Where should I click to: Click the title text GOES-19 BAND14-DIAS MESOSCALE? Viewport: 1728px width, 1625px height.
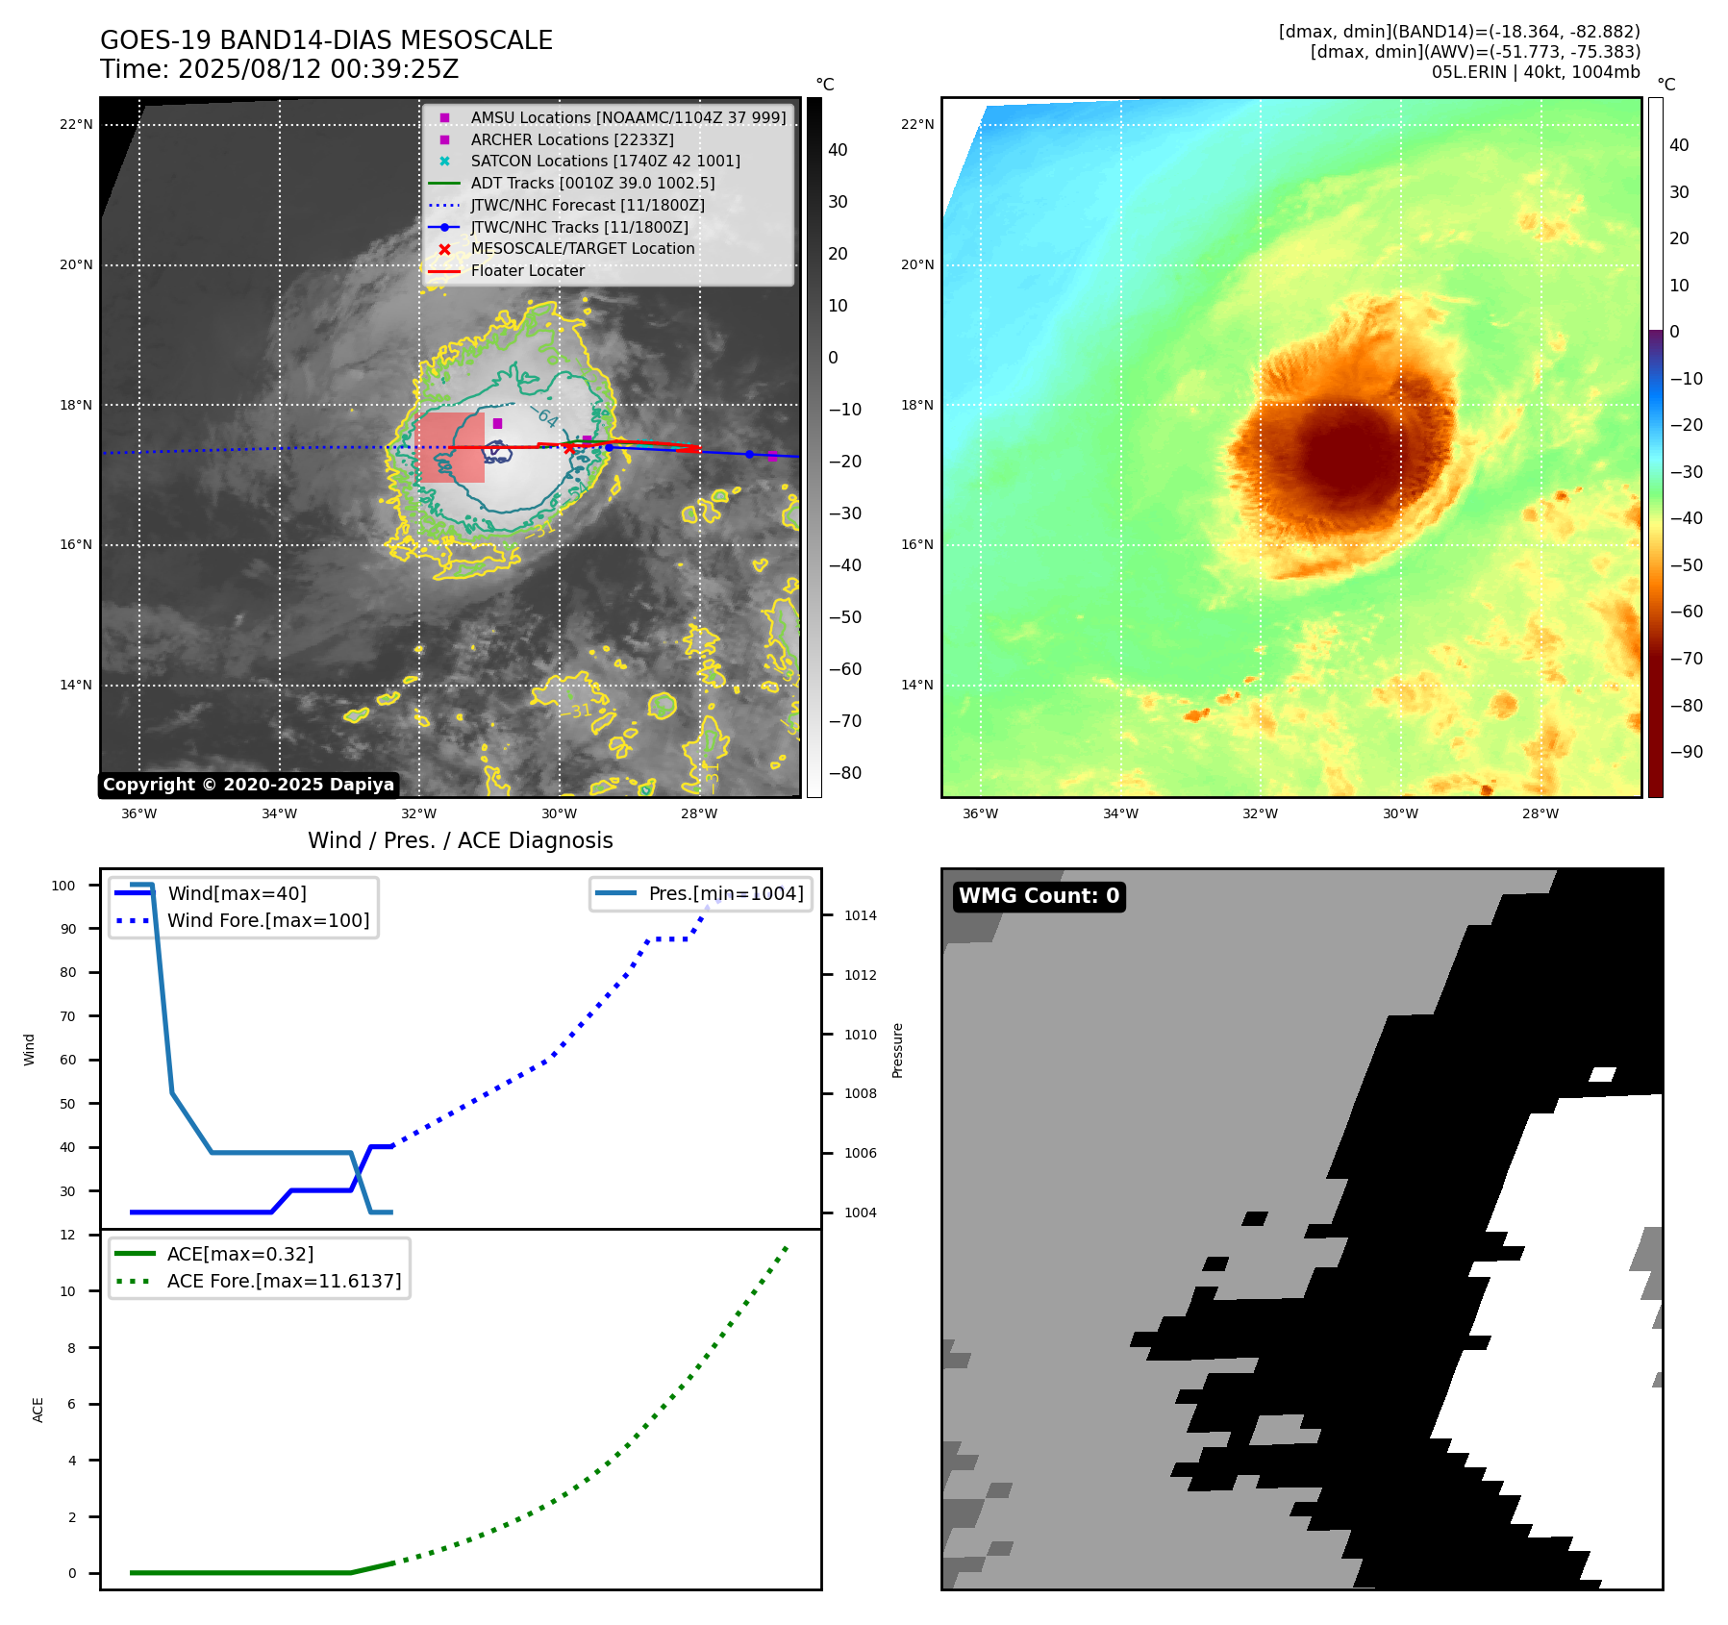[x=326, y=40]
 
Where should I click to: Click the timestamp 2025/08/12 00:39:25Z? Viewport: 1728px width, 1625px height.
[x=318, y=69]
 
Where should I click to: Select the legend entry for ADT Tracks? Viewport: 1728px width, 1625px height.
[x=592, y=183]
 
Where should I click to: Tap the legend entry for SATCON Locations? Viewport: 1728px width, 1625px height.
[x=605, y=161]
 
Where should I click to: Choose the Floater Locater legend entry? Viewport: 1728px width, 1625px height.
[x=527, y=270]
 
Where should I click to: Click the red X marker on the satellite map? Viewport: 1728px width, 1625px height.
[x=569, y=448]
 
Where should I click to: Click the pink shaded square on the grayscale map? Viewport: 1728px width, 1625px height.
[x=450, y=447]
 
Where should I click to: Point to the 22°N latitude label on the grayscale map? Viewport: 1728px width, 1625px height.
[x=76, y=124]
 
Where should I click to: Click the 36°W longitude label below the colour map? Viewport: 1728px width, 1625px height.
[x=980, y=813]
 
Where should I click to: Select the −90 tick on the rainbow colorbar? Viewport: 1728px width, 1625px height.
[x=1686, y=752]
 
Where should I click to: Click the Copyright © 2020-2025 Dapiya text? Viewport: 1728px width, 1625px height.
[x=248, y=785]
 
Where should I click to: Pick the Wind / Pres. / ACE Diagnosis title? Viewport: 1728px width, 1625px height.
[x=460, y=840]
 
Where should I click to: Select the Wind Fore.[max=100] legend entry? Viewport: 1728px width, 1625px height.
[x=268, y=920]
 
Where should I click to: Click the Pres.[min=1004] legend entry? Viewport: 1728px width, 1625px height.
[x=725, y=893]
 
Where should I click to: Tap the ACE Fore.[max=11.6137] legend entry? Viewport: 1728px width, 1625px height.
[x=284, y=1281]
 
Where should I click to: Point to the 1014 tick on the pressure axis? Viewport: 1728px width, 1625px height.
[x=860, y=915]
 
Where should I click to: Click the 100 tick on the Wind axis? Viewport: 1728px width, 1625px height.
[x=63, y=886]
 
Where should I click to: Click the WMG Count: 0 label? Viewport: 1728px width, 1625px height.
[x=1039, y=896]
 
